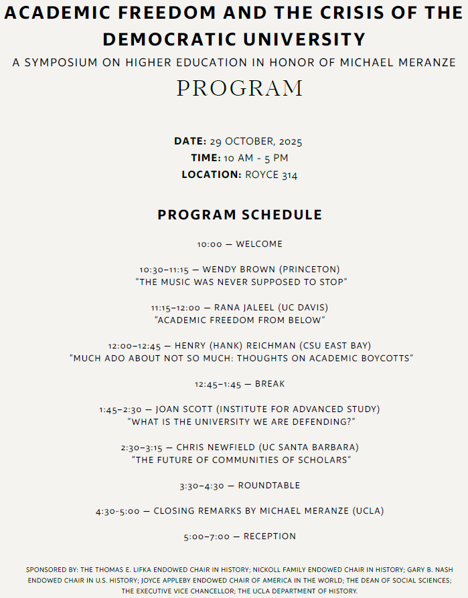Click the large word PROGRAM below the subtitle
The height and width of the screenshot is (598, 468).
[x=240, y=88]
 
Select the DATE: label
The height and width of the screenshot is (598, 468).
[x=190, y=142]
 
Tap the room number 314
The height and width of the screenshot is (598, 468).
[x=290, y=175]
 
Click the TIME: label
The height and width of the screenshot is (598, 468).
[x=206, y=159]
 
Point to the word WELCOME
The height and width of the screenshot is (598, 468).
[x=259, y=244]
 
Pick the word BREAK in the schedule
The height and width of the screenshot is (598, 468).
[x=270, y=384]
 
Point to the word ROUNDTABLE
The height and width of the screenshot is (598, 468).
[x=269, y=486]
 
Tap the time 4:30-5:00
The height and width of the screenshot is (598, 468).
[x=118, y=511]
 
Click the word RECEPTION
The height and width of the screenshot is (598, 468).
[x=270, y=536]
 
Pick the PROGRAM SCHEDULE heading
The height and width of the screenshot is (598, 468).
[x=240, y=215]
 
